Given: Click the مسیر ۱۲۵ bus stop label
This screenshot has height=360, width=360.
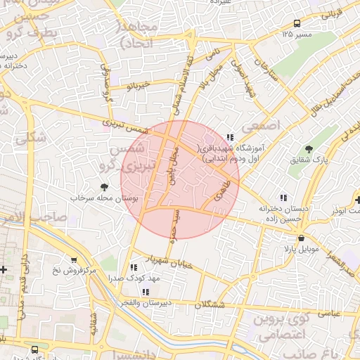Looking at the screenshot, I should (x=297, y=34).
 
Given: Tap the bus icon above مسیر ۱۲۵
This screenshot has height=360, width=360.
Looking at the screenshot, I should (x=299, y=22).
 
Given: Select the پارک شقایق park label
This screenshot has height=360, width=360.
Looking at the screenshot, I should (x=309, y=160).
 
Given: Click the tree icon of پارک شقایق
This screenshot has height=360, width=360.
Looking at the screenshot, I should (x=309, y=148).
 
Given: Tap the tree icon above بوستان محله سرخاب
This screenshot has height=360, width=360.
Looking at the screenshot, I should (x=105, y=187).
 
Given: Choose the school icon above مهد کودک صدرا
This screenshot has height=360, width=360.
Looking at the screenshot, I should (x=133, y=267).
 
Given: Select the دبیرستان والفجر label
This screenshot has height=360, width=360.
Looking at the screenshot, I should (x=146, y=303).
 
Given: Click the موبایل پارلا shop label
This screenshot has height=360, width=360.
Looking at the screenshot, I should (x=302, y=250).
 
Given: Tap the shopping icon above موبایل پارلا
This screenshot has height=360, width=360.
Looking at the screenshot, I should (x=301, y=238).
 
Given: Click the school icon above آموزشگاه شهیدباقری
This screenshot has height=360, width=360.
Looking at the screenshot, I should (x=230, y=137).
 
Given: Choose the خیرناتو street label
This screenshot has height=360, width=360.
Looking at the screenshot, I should (x=138, y=85).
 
